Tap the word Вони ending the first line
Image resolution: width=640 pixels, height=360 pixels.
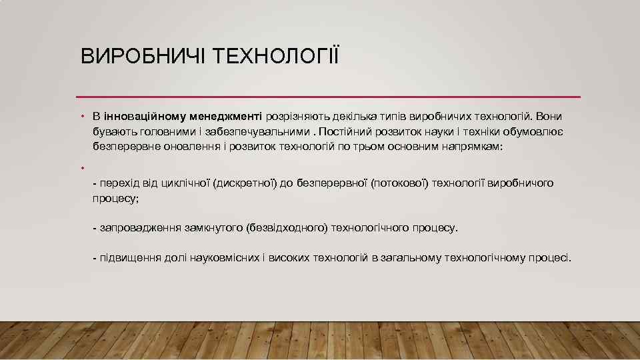549,116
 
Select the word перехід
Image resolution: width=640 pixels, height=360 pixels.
119,183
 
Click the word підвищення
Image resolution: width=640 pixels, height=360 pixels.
130,257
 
